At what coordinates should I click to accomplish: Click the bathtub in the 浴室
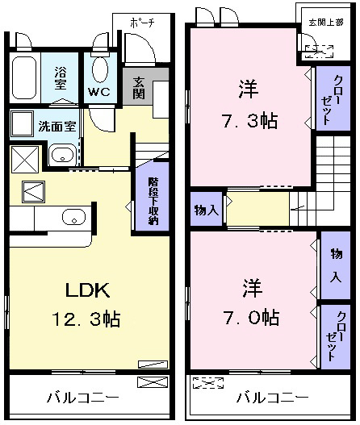(24, 78)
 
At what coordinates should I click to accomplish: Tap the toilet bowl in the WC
(100, 69)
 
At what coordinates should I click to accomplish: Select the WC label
(99, 92)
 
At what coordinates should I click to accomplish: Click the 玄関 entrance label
(139, 88)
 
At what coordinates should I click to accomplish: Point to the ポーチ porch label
(142, 23)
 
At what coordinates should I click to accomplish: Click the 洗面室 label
(57, 127)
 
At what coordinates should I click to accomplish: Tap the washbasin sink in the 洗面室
(63, 155)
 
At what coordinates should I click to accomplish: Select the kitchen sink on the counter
(73, 217)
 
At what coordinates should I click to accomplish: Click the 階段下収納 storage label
(153, 201)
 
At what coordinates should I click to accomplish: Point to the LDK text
(88, 290)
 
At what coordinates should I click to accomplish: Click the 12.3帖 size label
(86, 319)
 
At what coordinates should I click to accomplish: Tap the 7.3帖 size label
(250, 121)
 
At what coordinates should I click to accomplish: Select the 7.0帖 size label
(251, 318)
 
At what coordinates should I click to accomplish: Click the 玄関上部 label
(326, 22)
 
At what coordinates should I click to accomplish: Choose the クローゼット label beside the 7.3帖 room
(333, 99)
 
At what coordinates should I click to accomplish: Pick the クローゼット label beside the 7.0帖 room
(336, 336)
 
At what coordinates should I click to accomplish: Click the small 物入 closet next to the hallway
(207, 210)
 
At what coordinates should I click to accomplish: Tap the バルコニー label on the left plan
(83, 398)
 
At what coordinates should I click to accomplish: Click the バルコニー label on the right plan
(272, 398)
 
